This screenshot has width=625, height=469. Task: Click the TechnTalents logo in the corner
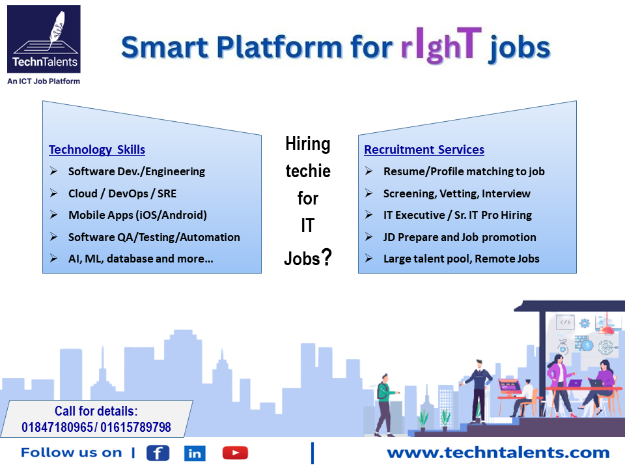[x=44, y=40]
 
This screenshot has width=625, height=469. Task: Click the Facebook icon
[x=158, y=453]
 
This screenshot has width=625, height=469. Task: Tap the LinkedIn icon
[x=194, y=453]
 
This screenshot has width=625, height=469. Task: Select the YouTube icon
[x=234, y=453]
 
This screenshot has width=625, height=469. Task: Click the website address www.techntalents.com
[x=497, y=453]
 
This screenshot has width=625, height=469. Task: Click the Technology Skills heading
[x=97, y=150]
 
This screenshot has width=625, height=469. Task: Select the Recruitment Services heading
[x=424, y=150]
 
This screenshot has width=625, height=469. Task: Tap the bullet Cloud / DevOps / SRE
[x=122, y=193]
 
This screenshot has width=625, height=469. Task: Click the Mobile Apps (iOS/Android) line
[x=137, y=215]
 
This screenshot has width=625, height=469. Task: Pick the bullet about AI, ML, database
[x=141, y=259]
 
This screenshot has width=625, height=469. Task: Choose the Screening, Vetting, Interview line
[x=456, y=193]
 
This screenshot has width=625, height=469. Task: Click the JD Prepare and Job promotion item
[x=460, y=237]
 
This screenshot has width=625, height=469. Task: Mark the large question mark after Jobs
[x=326, y=257]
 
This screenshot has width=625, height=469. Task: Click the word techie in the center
[x=308, y=171]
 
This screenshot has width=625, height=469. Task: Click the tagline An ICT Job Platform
[x=44, y=81]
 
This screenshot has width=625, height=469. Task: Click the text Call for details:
[x=96, y=412]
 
